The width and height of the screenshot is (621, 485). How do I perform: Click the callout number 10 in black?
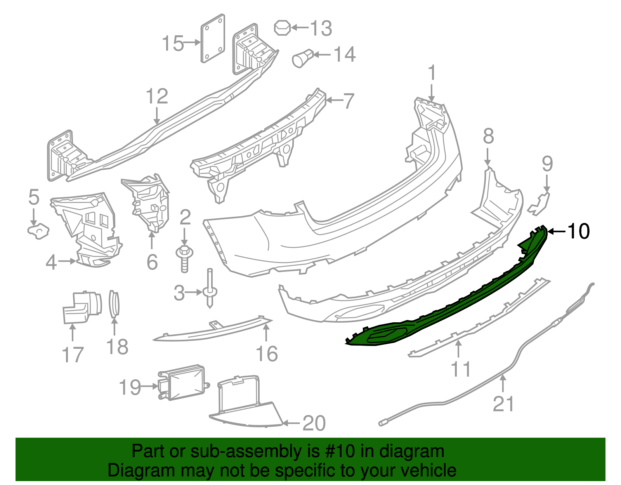578,231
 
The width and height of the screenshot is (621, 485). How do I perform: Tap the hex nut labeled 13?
282,28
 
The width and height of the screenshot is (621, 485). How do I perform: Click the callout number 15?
173,43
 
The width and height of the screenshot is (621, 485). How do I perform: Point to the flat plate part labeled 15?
213,38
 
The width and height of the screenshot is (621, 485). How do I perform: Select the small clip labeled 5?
38,231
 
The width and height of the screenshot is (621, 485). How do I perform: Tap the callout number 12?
157,96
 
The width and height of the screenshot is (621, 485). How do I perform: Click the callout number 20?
314,423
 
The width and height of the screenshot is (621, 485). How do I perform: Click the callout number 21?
503,403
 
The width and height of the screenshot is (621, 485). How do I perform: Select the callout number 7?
349,101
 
